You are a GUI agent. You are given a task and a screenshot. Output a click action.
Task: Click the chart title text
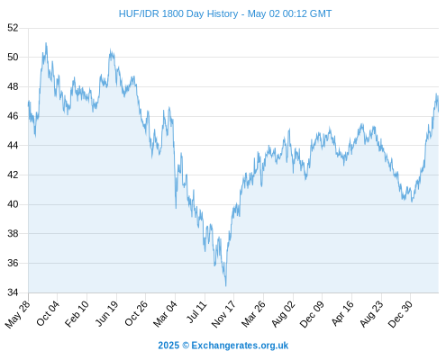coord(225,13)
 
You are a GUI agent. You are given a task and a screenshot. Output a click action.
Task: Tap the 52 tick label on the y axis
coord(13,28)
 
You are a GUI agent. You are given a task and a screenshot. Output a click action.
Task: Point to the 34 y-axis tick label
coord(13,292)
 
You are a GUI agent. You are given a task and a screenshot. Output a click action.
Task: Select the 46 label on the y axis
coord(13,116)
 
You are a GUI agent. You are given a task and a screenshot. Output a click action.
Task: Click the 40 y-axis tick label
coord(13,204)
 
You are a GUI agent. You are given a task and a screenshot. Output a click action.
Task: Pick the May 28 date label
coord(18,314)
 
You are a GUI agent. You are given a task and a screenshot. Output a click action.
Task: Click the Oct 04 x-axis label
coord(48,313)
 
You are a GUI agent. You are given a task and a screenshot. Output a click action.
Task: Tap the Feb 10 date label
coord(77,313)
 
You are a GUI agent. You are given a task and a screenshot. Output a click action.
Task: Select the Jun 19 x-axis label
coord(107,313)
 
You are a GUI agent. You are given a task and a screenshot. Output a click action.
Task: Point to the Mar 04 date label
coord(165,314)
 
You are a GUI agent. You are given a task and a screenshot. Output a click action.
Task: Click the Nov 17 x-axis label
coord(223,314)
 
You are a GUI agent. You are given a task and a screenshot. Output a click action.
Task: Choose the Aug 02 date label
coord(284,314)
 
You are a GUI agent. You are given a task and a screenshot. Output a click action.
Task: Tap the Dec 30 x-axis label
coord(401,314)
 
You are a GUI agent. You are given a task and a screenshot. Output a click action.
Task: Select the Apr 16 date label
coord(342,313)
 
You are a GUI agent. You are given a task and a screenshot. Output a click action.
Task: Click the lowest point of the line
coord(225,286)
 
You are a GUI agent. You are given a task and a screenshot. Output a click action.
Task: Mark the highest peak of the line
coord(46,43)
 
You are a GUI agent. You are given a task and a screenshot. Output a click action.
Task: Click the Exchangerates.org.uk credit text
coord(240,346)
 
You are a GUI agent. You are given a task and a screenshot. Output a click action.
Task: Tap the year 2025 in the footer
coord(168,346)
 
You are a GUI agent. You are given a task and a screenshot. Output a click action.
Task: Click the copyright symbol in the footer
coord(186,346)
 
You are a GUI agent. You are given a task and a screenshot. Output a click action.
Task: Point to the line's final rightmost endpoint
coord(439,112)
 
